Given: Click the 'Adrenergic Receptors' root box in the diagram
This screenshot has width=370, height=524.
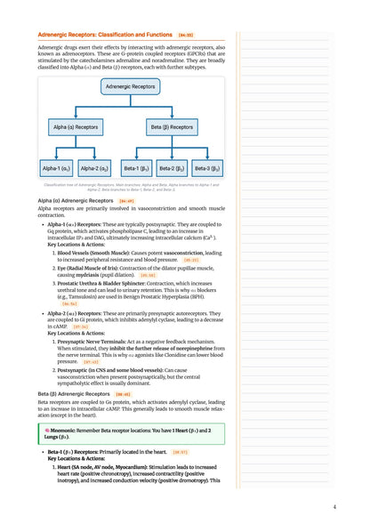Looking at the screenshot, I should pyautogui.click(x=131, y=87).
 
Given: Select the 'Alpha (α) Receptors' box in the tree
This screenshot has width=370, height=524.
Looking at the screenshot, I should pyautogui.click(x=74, y=127).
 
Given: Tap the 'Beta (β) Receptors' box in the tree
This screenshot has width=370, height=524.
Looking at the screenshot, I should pyautogui.click(x=173, y=127).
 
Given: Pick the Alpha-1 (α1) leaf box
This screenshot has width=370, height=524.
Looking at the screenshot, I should pyautogui.click(x=58, y=167).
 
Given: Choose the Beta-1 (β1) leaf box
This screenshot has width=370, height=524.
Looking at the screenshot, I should pyautogui.click(x=136, y=167).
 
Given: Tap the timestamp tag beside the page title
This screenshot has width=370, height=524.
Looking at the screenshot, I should pyautogui.click(x=185, y=34).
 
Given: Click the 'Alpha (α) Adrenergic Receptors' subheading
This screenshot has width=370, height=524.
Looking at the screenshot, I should pyautogui.click(x=74, y=201).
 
